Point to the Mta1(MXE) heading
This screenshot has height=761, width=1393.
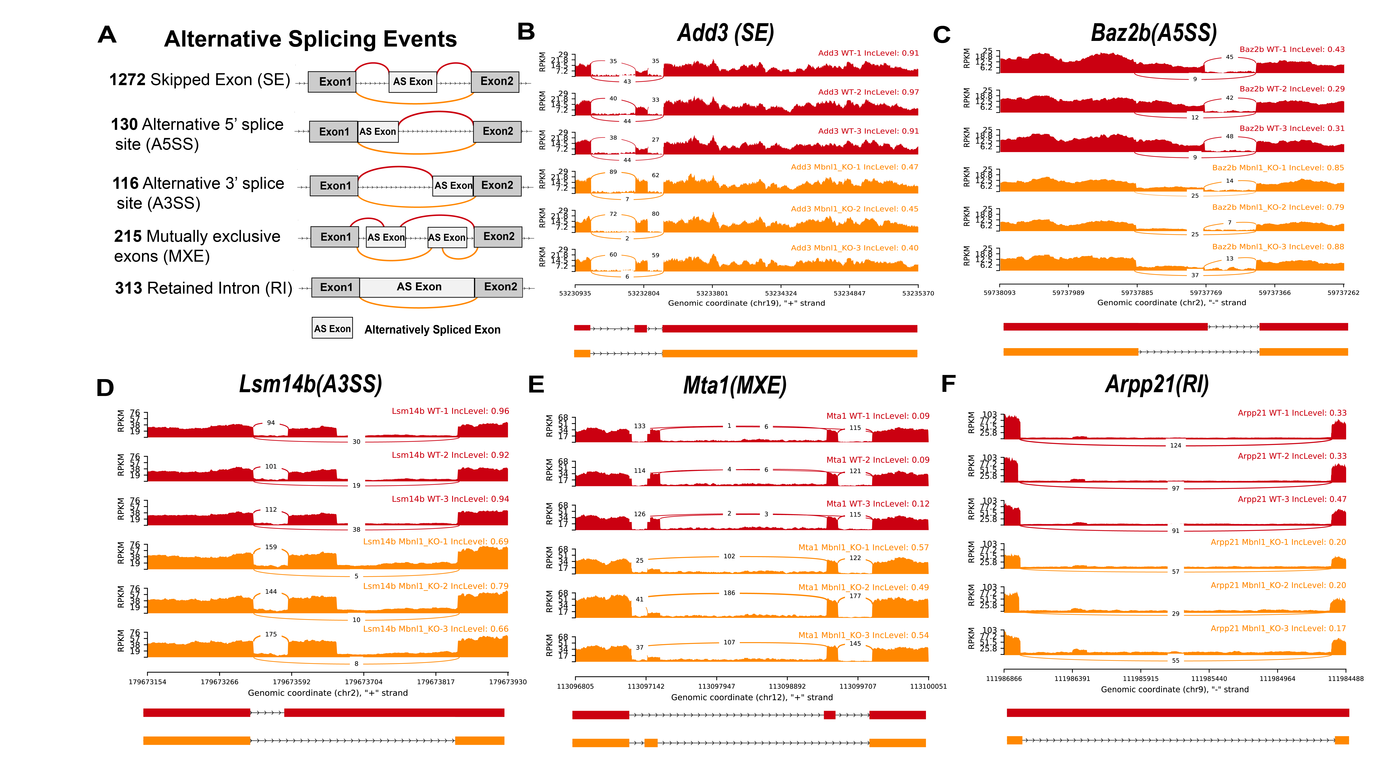734,386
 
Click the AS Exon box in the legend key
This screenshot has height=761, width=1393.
332,328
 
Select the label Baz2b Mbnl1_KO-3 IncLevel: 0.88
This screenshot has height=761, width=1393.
1278,247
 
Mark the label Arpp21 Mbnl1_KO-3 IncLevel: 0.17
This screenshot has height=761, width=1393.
1278,629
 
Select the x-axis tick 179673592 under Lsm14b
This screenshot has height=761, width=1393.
291,682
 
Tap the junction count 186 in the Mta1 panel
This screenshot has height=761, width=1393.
729,593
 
